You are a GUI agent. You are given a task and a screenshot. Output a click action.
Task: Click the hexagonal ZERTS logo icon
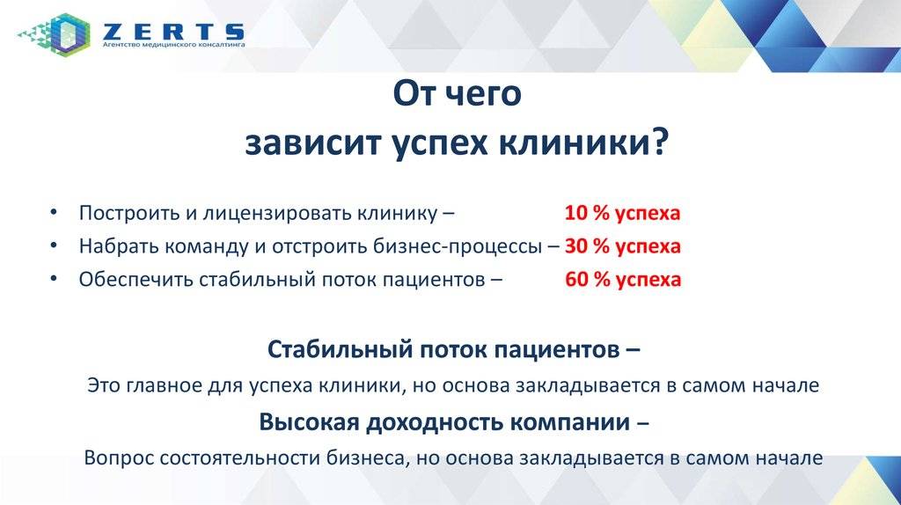click(70, 34)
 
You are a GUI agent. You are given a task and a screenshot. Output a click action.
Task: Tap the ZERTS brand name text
click(173, 31)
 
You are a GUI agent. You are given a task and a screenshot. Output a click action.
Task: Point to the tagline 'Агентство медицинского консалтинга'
click(173, 45)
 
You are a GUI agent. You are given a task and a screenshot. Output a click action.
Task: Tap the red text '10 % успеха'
click(622, 213)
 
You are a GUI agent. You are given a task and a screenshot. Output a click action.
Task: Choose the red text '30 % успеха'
click(622, 246)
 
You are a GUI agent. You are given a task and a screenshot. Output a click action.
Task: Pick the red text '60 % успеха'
click(623, 280)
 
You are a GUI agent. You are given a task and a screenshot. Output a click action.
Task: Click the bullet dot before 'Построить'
click(54, 212)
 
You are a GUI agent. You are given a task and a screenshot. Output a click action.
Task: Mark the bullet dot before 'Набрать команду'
click(54, 245)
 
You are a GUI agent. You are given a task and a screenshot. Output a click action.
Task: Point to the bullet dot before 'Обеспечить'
click(54, 279)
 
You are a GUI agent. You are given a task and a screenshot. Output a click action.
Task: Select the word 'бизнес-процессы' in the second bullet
click(458, 247)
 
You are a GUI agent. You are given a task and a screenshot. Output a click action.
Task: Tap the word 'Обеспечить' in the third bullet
click(136, 280)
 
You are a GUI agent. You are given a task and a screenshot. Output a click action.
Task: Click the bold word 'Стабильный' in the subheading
click(341, 349)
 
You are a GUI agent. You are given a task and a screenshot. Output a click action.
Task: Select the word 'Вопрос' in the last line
click(119, 458)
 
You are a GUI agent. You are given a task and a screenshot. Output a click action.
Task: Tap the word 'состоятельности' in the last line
click(240, 458)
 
